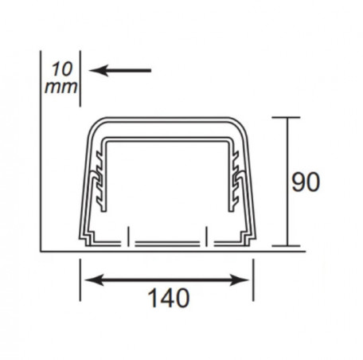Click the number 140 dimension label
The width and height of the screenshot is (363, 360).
point(169,298)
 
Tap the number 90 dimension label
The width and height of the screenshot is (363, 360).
point(306,182)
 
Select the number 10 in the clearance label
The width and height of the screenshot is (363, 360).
point(61,69)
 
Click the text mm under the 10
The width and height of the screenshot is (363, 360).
point(60,88)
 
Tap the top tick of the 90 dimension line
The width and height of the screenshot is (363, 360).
point(286,117)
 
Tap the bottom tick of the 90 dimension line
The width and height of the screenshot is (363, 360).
point(286,246)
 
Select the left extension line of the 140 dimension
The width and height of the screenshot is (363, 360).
point(80,280)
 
